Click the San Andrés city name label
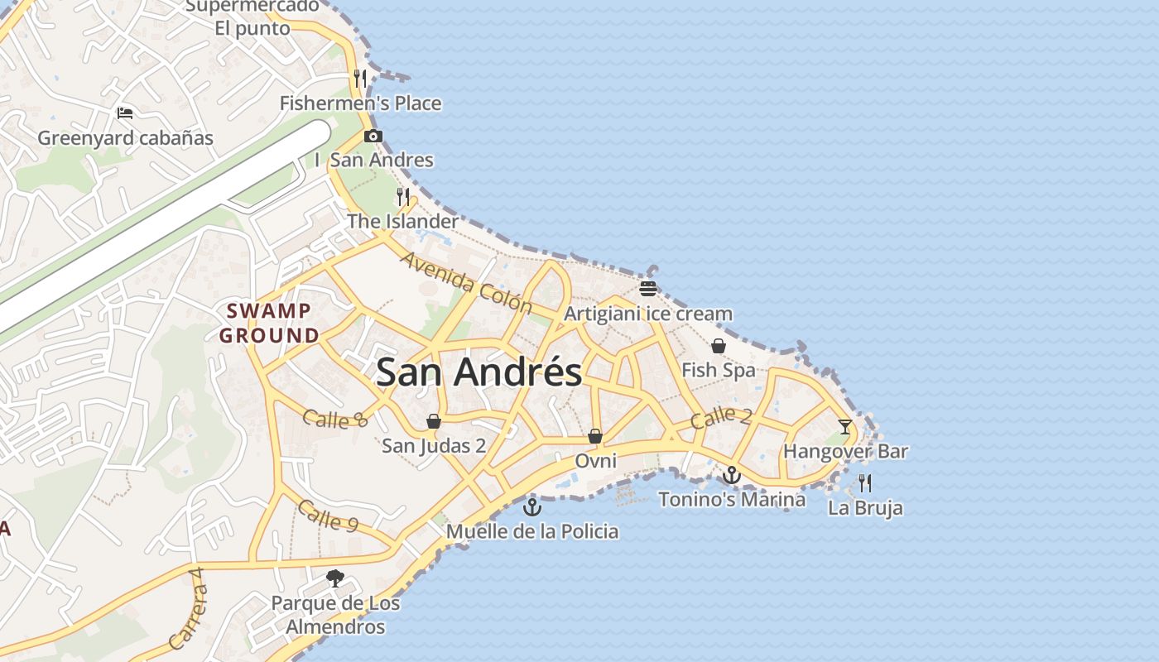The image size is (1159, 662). coord(479,372)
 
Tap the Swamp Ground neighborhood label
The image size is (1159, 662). coord(269,324)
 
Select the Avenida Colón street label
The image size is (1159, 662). coord(467,283)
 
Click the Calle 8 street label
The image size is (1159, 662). coord(334,420)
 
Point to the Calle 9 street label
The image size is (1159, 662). coord(328,516)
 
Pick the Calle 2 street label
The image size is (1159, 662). coord(720,417)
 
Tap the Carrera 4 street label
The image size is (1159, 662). coord(185,609)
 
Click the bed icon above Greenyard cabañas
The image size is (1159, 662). coord(125,113)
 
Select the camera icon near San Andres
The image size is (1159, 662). coord(373,137)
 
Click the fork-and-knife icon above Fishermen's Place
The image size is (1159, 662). coord(360,79)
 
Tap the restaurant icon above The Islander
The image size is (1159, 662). coord(403,197)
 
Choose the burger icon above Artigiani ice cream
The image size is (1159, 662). coord(648,289)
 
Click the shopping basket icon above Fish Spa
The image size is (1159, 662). coord(719,346)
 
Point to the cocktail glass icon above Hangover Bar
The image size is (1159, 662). coord(844,427)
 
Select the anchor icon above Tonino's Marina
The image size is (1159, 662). coord(731,475)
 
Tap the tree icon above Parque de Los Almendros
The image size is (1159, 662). coord(335,578)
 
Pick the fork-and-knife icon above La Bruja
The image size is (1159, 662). coord(865,482)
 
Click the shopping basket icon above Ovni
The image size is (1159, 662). coord(595,436)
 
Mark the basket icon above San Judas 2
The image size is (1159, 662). coord(433,421)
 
